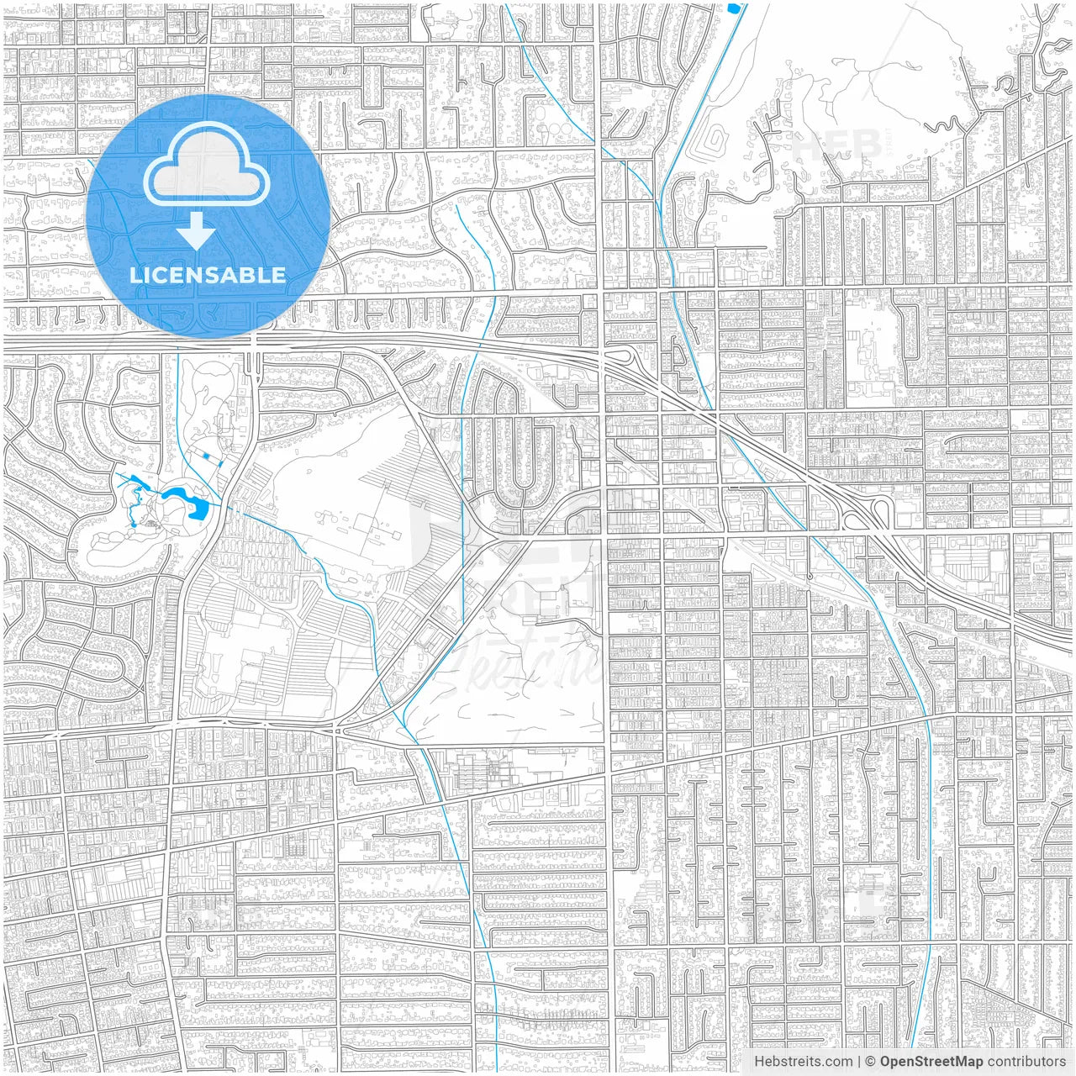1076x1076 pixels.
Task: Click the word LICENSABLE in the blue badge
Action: coord(208,275)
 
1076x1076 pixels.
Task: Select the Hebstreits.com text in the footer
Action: coord(804,1062)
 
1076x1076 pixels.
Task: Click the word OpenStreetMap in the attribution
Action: coord(931,1062)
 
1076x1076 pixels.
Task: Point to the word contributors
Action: coord(1026,1062)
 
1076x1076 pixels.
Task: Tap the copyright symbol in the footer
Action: coord(871,1062)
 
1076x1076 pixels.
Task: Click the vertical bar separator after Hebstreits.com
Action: coord(859,1062)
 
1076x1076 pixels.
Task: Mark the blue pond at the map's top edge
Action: coord(735,8)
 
